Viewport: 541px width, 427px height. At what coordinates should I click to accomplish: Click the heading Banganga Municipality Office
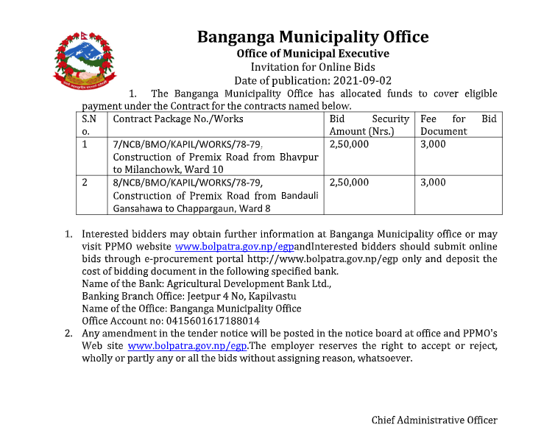point(312,37)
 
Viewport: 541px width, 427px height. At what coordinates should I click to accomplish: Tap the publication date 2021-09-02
point(361,80)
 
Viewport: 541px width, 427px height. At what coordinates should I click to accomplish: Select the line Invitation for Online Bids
point(312,67)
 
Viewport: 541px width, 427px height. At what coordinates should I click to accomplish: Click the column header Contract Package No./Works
point(178,119)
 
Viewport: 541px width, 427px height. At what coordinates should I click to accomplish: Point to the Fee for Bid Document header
point(458,124)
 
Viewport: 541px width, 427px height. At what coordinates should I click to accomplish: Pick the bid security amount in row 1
point(349,144)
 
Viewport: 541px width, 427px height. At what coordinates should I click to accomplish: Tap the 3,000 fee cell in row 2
point(433,183)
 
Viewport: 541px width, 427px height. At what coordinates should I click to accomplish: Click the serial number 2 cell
point(85,183)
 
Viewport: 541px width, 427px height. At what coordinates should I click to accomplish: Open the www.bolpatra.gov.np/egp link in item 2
point(187,345)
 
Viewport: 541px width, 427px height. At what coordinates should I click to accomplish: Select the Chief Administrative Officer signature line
point(434,420)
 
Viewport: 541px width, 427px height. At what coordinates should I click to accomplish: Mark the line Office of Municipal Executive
point(312,53)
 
